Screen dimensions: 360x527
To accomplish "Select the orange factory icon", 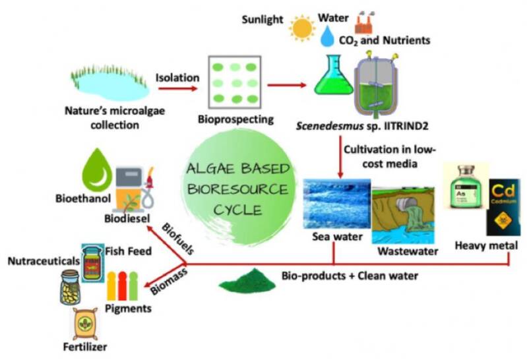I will (x=363, y=23).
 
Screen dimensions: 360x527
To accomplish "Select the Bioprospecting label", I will (x=229, y=120).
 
